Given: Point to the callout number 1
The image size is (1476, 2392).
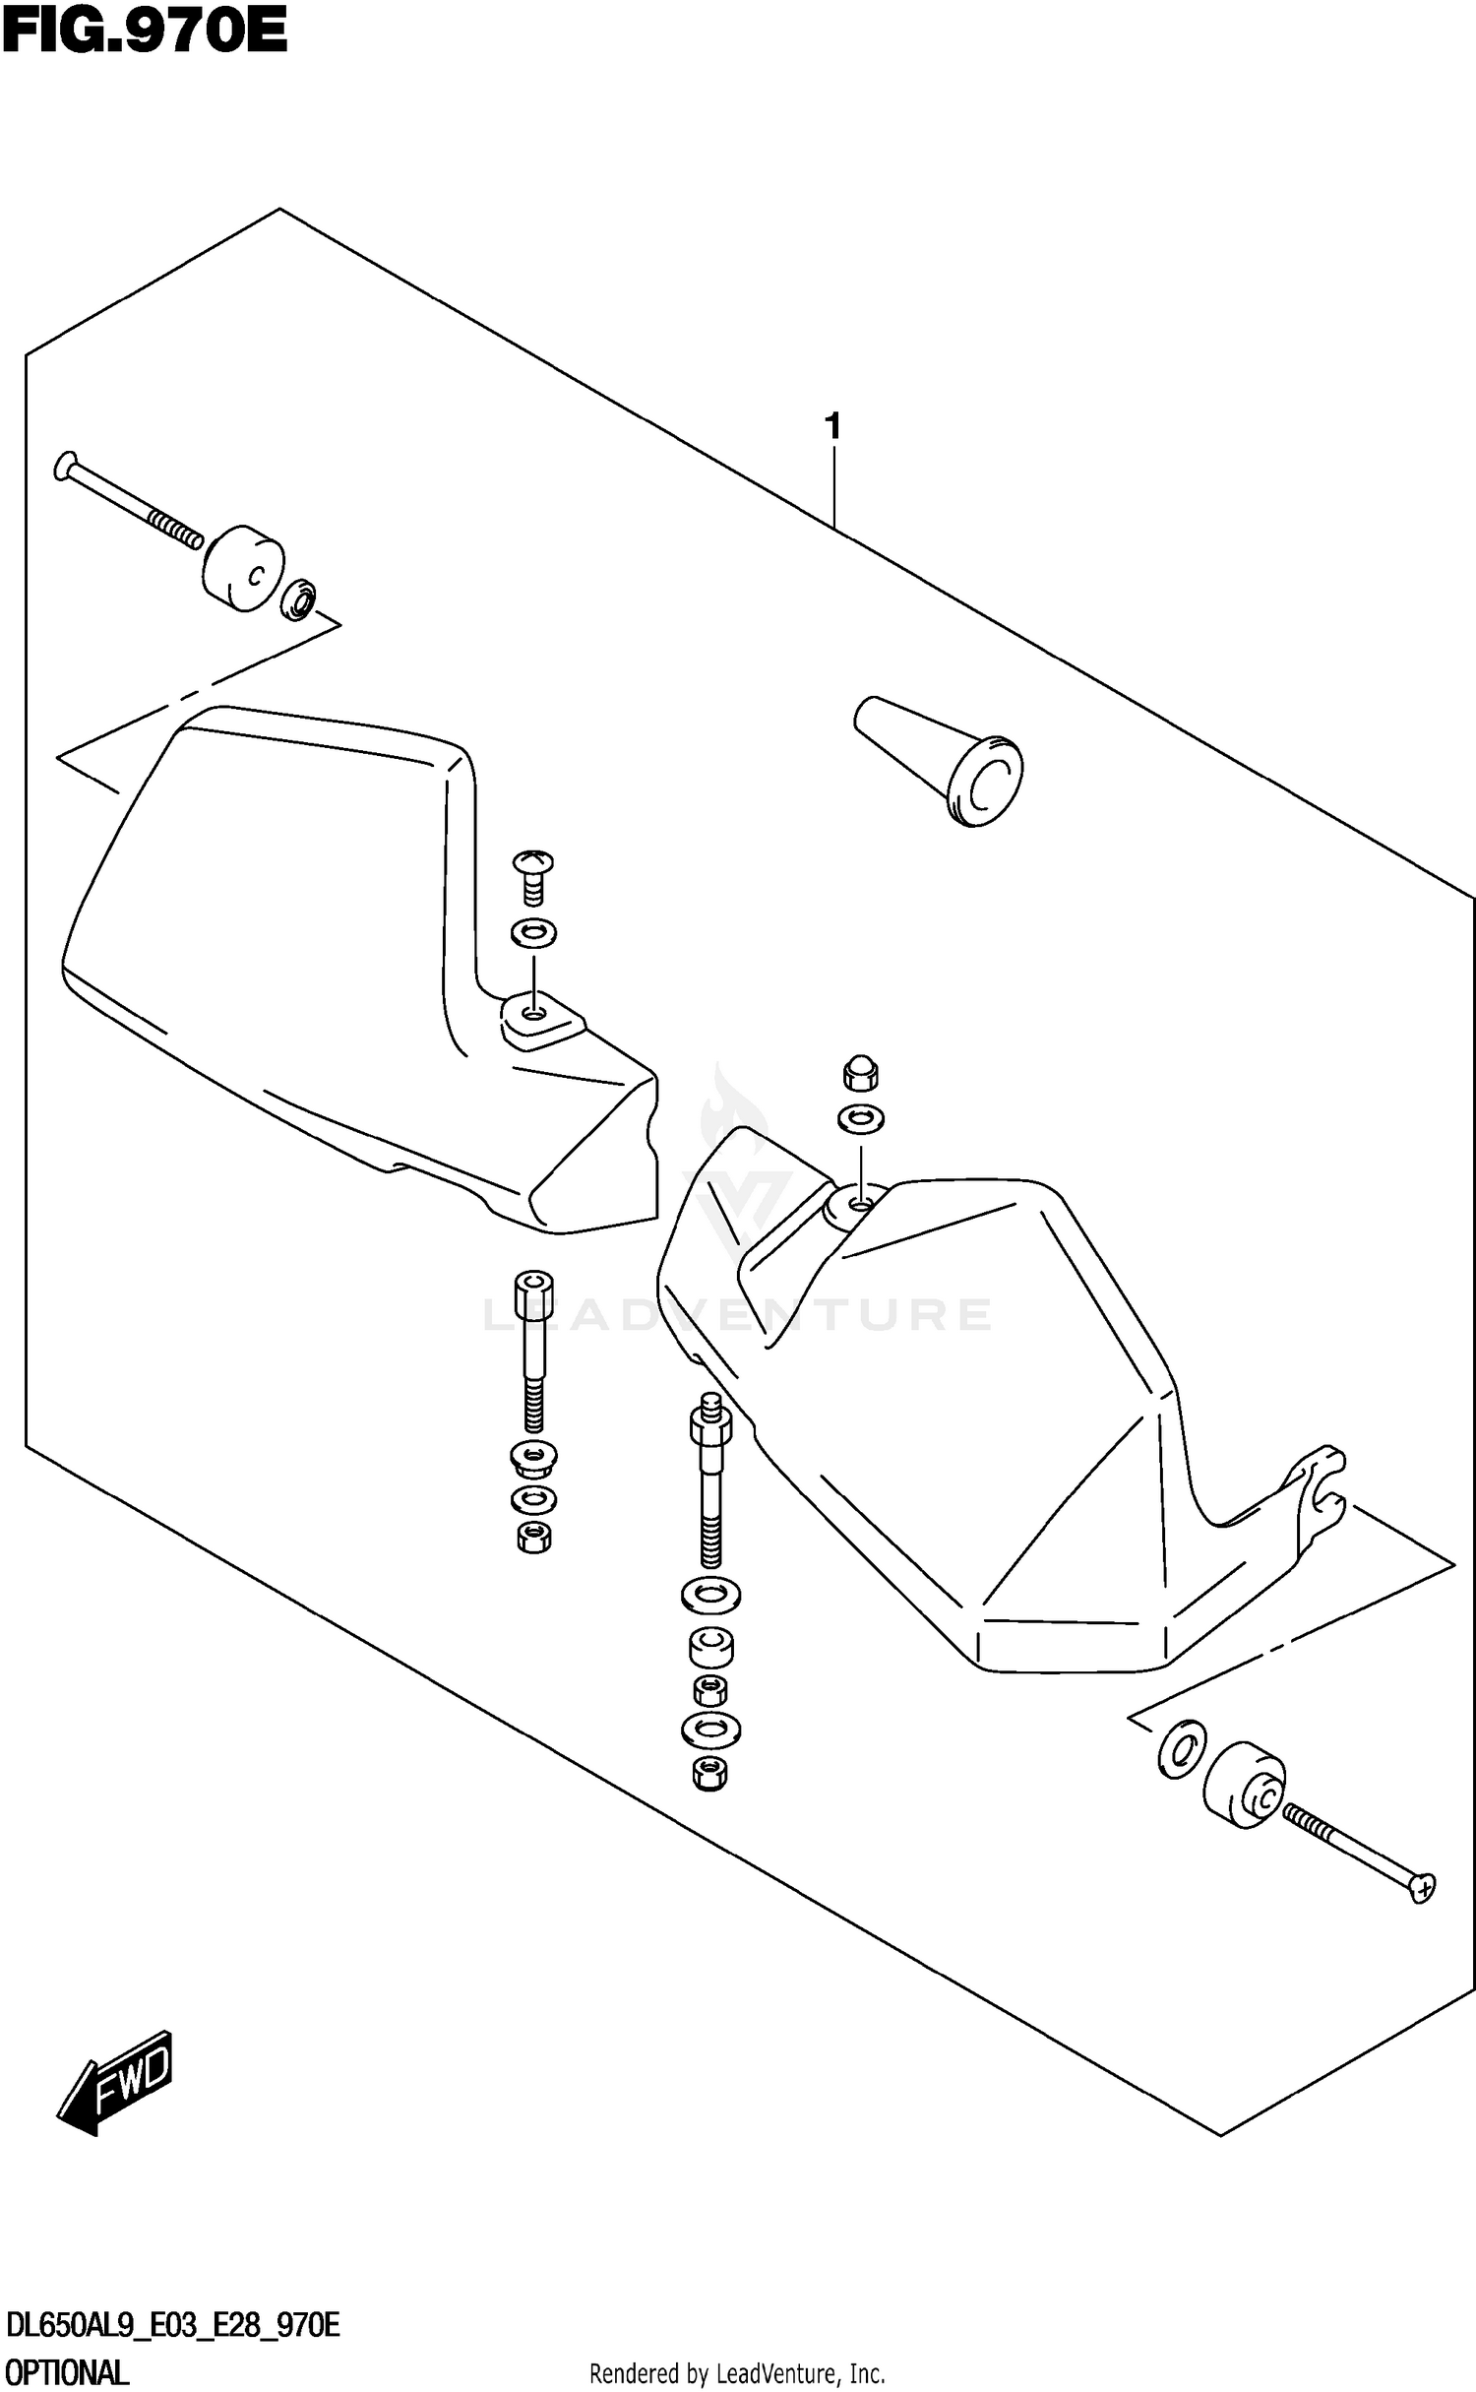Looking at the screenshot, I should point(832,426).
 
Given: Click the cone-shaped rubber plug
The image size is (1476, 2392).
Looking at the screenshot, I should point(940,760).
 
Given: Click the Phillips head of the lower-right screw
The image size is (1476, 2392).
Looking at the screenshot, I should point(1423,1888).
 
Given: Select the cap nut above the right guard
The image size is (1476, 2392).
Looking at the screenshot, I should point(861,1074).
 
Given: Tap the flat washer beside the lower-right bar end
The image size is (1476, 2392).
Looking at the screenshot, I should point(1180,1749).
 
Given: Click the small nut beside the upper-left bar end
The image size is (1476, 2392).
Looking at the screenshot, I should point(298,599).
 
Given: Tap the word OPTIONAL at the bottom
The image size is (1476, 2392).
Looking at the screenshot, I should point(66,2371).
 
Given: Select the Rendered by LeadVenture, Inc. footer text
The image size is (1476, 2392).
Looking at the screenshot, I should point(737,2373).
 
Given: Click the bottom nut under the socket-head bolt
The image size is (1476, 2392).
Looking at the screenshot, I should point(533,1537).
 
